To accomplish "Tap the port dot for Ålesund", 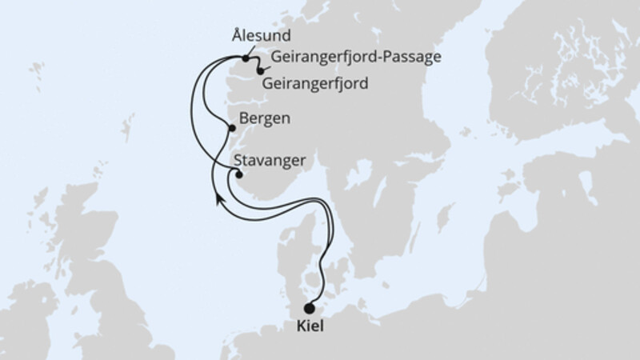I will click(x=245, y=58).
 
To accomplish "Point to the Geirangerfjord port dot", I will click(x=260, y=72).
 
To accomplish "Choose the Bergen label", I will click(x=264, y=118).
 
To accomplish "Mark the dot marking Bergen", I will click(x=232, y=128).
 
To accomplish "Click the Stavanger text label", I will click(x=271, y=160).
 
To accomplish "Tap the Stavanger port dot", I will click(x=238, y=175).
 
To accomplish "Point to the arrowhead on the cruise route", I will click(x=218, y=198).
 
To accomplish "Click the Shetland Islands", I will click(x=126, y=128).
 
